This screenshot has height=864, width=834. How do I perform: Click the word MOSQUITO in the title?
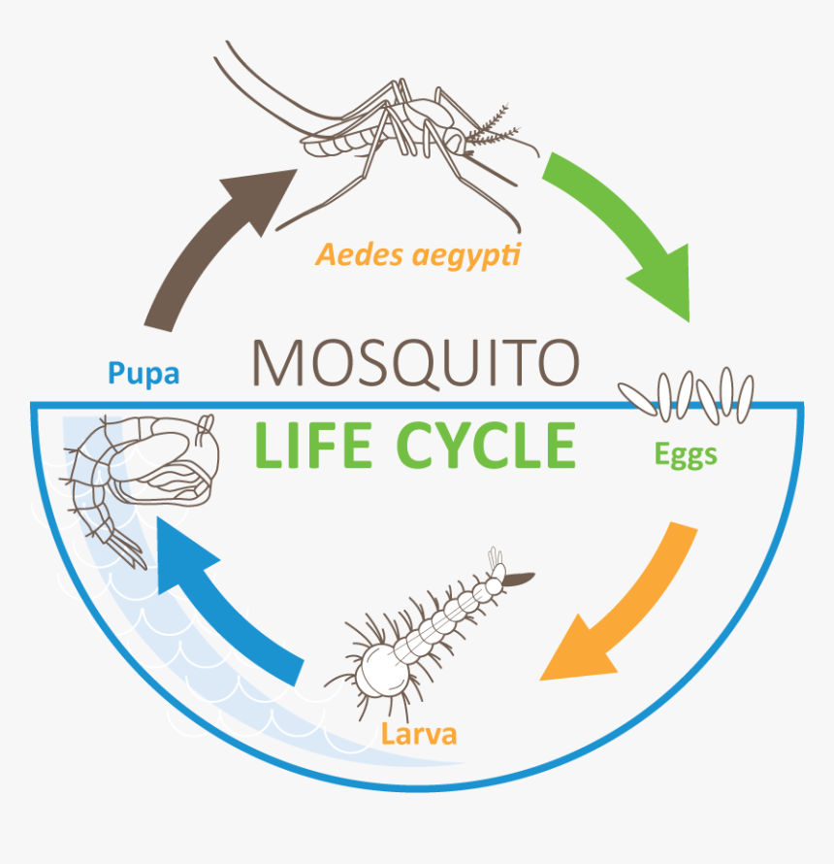coord(416,363)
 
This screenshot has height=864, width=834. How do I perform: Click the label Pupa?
coord(144,374)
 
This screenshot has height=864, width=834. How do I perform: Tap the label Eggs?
coord(686,455)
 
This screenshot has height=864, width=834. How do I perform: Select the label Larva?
coord(419,734)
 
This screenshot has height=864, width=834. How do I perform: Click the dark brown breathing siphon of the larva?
coord(519,579)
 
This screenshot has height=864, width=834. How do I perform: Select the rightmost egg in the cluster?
coord(746,400)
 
